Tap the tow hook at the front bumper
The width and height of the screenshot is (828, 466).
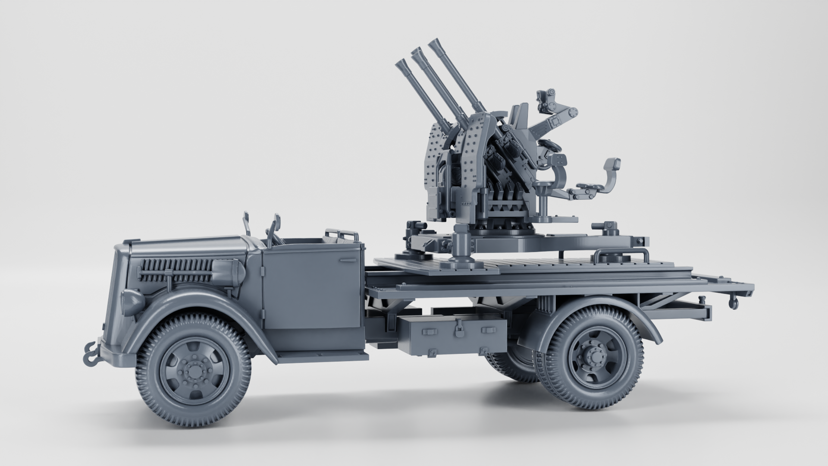tap(91, 352)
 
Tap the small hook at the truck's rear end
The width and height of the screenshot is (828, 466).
tap(733, 302)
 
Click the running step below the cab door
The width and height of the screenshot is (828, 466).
tap(321, 356)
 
